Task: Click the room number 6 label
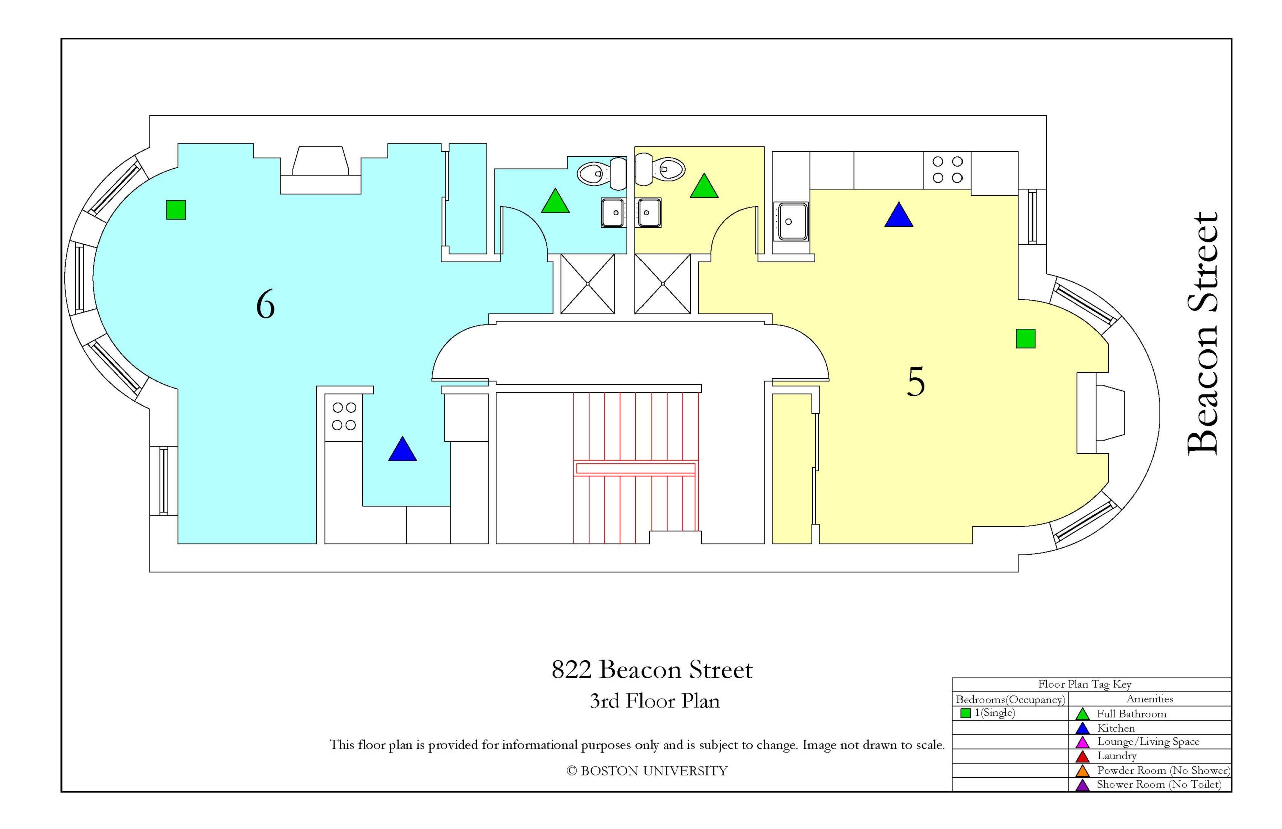pyautogui.click(x=265, y=305)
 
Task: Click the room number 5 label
pyautogui.click(x=915, y=381)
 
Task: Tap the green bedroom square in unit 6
pyautogui.click(x=176, y=209)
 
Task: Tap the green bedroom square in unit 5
pyautogui.click(x=1025, y=338)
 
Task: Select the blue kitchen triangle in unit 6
pyautogui.click(x=402, y=451)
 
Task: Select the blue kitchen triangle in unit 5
pyautogui.click(x=898, y=216)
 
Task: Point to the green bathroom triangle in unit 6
pyautogui.click(x=555, y=202)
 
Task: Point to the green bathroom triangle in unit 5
pyautogui.click(x=703, y=187)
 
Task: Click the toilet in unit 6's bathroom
pyautogui.click(x=602, y=173)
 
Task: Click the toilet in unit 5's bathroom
pyautogui.click(x=660, y=169)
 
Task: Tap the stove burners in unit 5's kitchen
pyautogui.click(x=946, y=170)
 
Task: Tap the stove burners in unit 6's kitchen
pyautogui.click(x=343, y=416)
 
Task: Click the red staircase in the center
pyautogui.click(x=635, y=468)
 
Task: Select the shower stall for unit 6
pyautogui.click(x=587, y=284)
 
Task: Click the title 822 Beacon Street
pyautogui.click(x=652, y=670)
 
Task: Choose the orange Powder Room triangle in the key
pyautogui.click(x=1082, y=771)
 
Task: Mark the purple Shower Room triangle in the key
pyautogui.click(x=1082, y=786)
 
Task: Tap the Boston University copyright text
pyautogui.click(x=647, y=771)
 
